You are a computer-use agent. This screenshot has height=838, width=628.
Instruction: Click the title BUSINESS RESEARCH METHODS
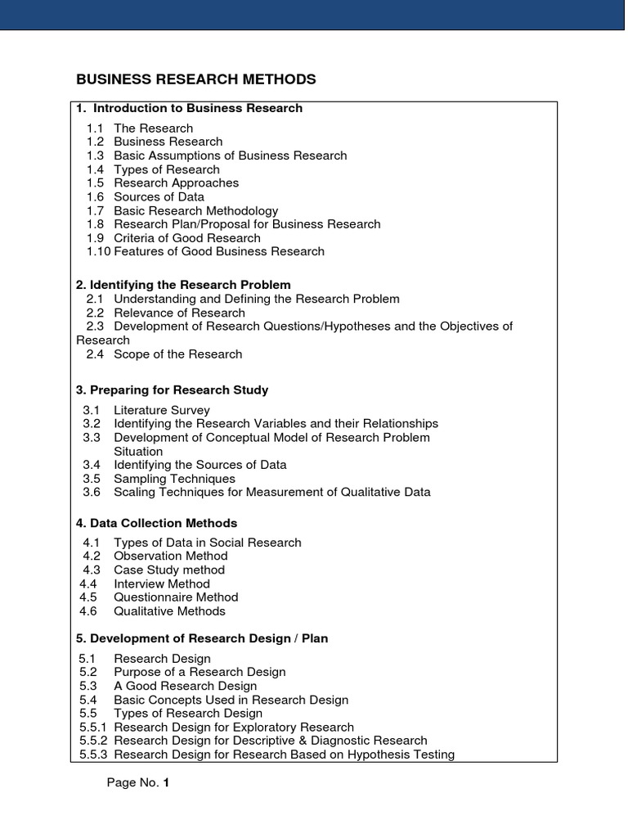click(x=195, y=79)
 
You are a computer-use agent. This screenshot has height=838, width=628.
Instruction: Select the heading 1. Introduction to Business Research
click(x=190, y=108)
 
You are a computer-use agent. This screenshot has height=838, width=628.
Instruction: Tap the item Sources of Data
click(x=159, y=196)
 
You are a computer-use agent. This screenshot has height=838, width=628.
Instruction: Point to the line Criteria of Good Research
click(x=187, y=237)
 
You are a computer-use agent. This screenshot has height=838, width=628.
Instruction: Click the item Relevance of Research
click(x=179, y=313)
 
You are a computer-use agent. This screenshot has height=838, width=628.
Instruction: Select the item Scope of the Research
click(x=177, y=354)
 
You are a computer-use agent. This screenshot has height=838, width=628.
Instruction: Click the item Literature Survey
click(x=161, y=410)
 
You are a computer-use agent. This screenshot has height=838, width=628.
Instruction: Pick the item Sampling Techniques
click(x=174, y=478)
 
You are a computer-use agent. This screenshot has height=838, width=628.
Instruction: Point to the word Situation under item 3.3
click(x=138, y=451)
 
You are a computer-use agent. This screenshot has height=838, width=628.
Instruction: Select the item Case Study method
click(x=168, y=570)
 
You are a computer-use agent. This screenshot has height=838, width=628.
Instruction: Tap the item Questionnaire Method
click(x=176, y=597)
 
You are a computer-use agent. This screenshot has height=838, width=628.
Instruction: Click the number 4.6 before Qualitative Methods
click(x=88, y=610)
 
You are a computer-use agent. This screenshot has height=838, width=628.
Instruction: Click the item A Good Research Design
click(x=185, y=686)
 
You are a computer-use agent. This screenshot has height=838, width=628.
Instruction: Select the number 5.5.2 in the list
click(x=93, y=741)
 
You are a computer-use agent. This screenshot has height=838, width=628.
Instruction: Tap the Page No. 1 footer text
click(x=138, y=783)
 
